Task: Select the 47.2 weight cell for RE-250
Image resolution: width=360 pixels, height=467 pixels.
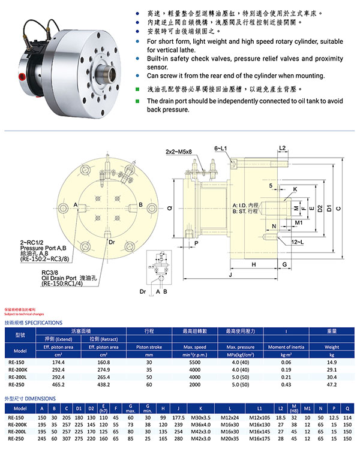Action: click(331, 384)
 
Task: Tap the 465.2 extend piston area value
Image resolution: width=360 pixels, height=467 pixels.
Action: click(59, 384)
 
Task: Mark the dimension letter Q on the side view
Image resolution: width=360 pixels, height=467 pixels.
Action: click(170, 208)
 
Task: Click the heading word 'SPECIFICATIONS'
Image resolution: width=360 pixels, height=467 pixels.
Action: click(43, 322)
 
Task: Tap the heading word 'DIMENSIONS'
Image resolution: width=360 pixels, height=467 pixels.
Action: click(41, 397)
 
